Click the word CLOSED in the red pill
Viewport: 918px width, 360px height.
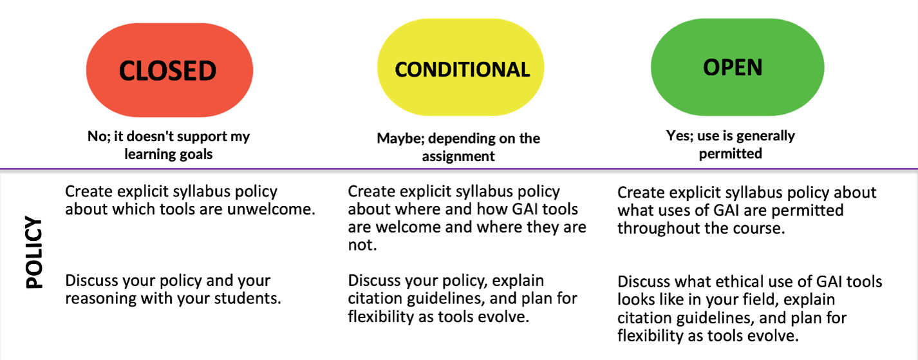[x=167, y=71]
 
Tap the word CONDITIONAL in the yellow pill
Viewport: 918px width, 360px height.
[x=462, y=70]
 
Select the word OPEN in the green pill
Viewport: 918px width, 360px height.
[x=733, y=67]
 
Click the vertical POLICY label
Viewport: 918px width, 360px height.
[x=34, y=252]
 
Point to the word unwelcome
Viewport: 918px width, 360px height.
[x=271, y=209]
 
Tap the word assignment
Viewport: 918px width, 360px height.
[x=458, y=156]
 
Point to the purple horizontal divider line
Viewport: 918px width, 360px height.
[x=459, y=169]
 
